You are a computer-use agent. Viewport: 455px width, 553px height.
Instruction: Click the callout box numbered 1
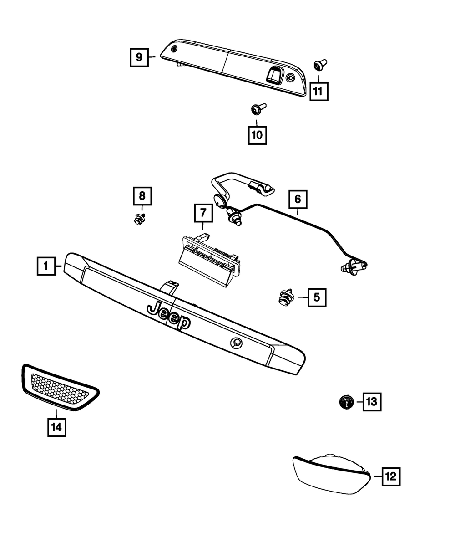coord(45,266)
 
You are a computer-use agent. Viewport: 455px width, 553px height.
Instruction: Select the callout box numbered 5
coord(317,298)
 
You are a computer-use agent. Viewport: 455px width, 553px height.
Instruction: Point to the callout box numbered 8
coord(142,196)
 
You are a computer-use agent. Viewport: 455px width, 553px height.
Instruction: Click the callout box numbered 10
coord(257,135)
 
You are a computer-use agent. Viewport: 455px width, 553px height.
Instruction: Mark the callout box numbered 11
coord(318,91)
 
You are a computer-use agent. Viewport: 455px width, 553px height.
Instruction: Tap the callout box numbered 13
coord(372,401)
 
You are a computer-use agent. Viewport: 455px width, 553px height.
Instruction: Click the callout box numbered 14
coord(57,427)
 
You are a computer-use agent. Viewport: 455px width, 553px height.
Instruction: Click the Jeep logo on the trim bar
coord(169,315)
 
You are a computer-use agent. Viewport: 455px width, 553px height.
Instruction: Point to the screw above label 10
coord(257,109)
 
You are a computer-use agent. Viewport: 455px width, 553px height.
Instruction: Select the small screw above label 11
coord(319,66)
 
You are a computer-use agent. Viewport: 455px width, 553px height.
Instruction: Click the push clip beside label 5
coord(286,298)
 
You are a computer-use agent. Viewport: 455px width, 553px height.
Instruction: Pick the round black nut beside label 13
coord(346,402)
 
